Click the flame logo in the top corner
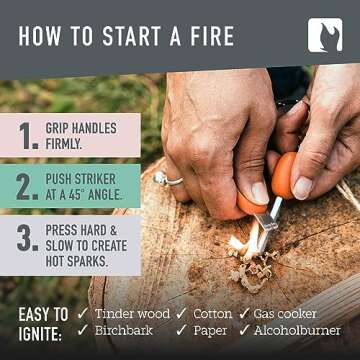pyautogui.click(x=325, y=35)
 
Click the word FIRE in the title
pyautogui.click(x=206, y=37)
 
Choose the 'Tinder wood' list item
pyautogui.click(x=132, y=312)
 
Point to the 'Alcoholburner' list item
pyautogui.click(x=297, y=330)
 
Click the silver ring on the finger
pyautogui.click(x=161, y=178)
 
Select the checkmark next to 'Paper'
pyautogui.click(x=181, y=330)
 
